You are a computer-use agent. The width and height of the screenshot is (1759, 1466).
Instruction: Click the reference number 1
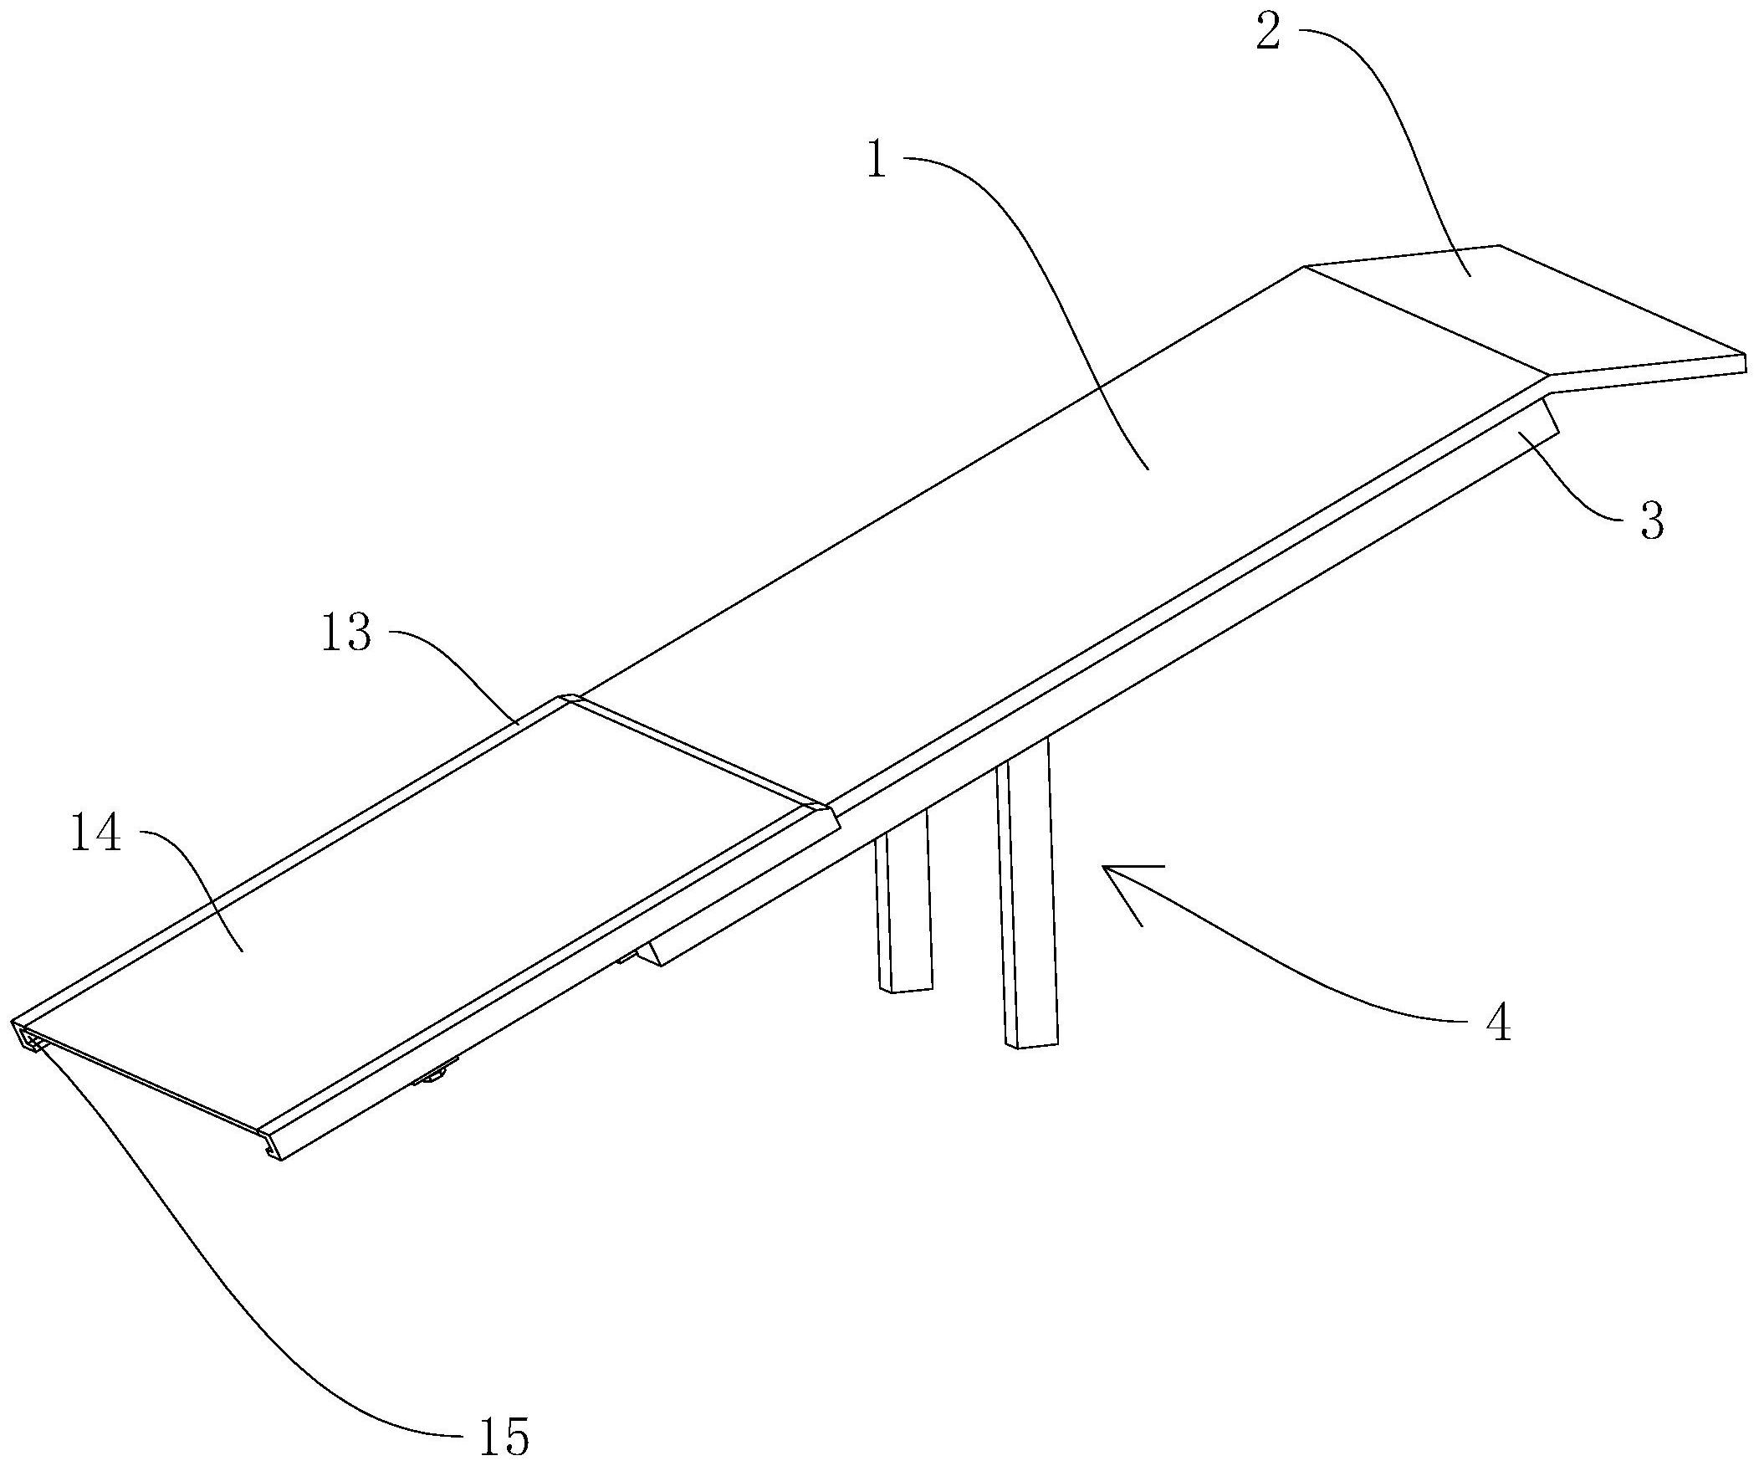tap(876, 161)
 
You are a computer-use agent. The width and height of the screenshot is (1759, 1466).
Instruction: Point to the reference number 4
tap(1499, 1023)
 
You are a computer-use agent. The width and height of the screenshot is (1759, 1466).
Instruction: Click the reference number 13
tap(346, 633)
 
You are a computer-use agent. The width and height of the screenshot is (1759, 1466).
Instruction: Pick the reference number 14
tap(96, 835)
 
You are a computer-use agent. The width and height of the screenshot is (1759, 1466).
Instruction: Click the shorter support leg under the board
tap(905, 913)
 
